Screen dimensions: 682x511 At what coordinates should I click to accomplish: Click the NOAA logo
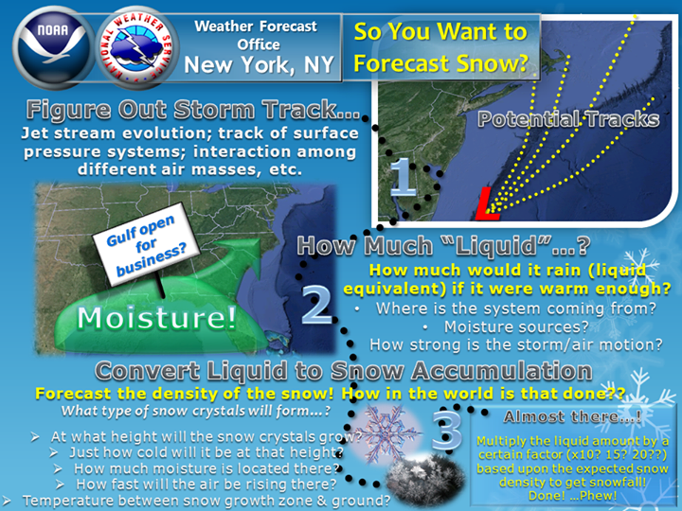(53, 48)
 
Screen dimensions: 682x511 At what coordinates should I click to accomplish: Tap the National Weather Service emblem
(137, 48)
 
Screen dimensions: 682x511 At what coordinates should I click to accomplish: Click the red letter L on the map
(488, 203)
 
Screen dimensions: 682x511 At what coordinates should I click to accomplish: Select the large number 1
(404, 177)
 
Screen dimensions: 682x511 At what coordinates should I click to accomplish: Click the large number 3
(447, 431)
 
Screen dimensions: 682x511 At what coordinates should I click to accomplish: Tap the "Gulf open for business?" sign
(146, 244)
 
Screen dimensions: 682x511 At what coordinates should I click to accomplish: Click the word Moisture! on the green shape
(156, 318)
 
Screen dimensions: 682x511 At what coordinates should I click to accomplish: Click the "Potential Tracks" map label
(568, 119)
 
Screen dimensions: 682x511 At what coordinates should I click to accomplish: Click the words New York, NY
(259, 65)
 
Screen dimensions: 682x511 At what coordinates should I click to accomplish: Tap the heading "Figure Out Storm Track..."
(193, 110)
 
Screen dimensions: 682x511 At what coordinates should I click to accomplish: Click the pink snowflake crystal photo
(386, 432)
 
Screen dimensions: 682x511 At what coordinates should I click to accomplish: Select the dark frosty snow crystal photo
(424, 479)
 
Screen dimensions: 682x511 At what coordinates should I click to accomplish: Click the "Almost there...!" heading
(572, 417)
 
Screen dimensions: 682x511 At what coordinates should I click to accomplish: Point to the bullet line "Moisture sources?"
(516, 326)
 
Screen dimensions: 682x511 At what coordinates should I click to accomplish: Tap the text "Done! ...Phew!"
(572, 495)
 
